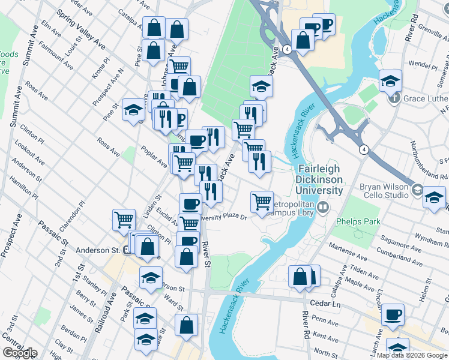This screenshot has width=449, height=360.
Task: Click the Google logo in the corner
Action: click(20, 353)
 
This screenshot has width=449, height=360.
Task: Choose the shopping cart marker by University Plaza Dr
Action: click(262, 202)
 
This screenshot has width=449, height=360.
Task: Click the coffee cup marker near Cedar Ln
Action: click(393, 314)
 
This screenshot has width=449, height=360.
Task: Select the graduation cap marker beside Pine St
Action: click(133, 109)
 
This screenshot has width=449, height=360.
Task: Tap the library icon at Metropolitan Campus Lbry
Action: click(324, 208)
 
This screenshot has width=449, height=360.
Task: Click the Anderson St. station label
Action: click(97, 250)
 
